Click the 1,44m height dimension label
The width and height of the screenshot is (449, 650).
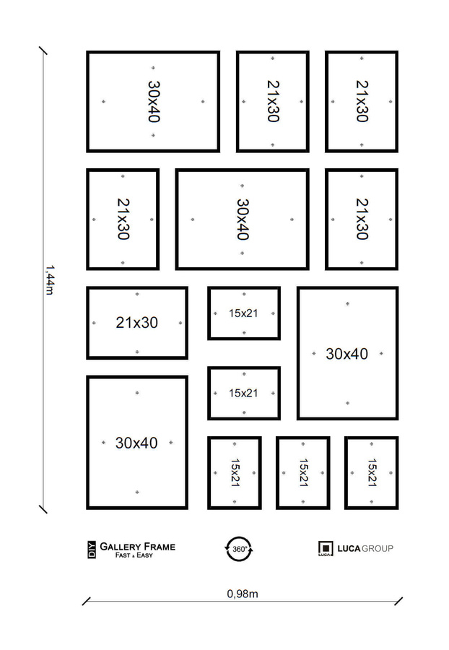tap(48, 279)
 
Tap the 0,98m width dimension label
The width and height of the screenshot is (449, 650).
tap(243, 594)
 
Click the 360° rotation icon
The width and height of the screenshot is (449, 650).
tap(239, 549)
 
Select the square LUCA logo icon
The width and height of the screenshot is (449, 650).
tap(325, 549)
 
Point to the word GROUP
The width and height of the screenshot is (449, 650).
tap(378, 549)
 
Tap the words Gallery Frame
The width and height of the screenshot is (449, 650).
tap(137, 547)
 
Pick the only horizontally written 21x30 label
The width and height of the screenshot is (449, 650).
tap(136, 323)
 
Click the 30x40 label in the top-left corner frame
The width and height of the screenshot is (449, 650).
tap(154, 101)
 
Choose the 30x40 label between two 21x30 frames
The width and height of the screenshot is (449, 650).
tap(243, 220)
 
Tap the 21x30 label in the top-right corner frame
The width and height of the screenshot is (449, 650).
tap(362, 101)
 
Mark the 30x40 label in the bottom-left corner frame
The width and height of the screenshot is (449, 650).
tap(136, 443)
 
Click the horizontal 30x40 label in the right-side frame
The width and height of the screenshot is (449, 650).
tap(346, 354)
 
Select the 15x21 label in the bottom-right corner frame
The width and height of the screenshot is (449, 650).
tap(372, 472)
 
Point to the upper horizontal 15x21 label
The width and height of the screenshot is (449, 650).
tap(243, 313)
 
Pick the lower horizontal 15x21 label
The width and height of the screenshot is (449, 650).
tap(243, 393)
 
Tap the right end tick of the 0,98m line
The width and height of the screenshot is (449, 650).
tap(398, 601)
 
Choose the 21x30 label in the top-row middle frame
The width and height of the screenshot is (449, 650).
tap(273, 101)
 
